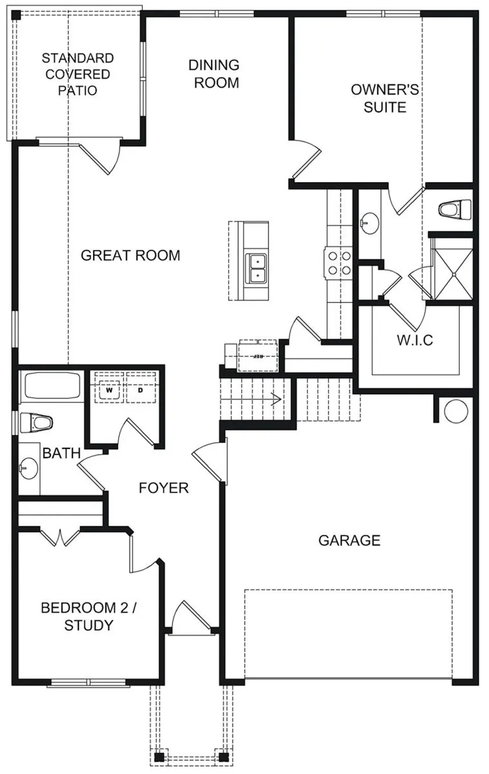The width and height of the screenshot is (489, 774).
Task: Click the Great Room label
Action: [x=130, y=256]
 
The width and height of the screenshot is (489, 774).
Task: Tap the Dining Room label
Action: [x=214, y=74]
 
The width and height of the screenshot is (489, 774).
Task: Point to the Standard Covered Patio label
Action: [x=77, y=74]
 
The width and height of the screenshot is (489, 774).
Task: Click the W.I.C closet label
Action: [x=415, y=340]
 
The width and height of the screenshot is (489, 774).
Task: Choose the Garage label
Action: [x=349, y=540]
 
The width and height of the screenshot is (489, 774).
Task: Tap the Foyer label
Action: [x=164, y=488]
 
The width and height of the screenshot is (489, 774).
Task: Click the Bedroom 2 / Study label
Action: [x=89, y=616]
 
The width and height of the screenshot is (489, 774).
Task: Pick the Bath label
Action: [x=61, y=454]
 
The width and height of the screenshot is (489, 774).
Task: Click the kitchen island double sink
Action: [x=257, y=268]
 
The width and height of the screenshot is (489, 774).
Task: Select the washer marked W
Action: [x=108, y=391]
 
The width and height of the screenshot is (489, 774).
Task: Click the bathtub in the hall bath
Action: [x=51, y=387]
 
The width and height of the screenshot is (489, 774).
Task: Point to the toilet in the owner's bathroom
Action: [x=456, y=210]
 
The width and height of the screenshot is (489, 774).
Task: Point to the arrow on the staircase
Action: [x=277, y=399]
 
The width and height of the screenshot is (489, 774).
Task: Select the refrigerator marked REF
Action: [x=258, y=356]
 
